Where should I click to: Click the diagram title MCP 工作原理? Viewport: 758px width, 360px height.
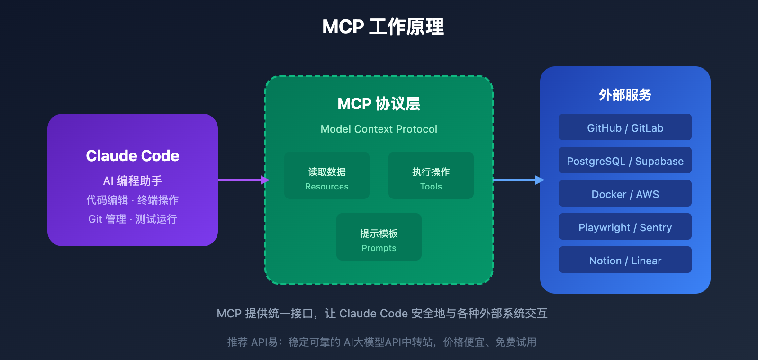pos(383,27)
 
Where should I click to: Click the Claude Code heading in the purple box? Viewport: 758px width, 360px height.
pos(133,156)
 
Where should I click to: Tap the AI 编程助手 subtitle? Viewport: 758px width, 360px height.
pos(133,180)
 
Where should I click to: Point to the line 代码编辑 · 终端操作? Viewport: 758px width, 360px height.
pos(133,200)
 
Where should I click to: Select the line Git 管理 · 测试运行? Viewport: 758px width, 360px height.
pos(133,219)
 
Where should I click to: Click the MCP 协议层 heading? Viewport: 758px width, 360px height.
pos(379,104)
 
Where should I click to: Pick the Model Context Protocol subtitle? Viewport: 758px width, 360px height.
pos(379,129)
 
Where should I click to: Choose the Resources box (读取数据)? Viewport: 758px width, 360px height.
pos(327,175)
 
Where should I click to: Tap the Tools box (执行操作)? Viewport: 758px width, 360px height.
pos(431,175)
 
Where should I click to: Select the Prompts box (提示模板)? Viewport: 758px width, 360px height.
pos(379,237)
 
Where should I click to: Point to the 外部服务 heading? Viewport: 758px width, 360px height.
pos(625,95)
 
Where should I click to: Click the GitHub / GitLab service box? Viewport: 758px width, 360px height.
pos(625,127)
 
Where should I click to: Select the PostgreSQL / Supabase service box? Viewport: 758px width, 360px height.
pos(625,160)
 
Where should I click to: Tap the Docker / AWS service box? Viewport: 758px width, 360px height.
pos(625,193)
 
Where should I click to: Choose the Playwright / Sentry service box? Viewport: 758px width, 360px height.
pos(625,226)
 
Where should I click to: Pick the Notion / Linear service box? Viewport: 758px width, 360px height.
pos(625,260)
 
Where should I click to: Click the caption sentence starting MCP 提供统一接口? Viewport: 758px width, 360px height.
pos(382,314)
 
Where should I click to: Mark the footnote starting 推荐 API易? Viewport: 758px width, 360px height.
pos(382,342)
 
